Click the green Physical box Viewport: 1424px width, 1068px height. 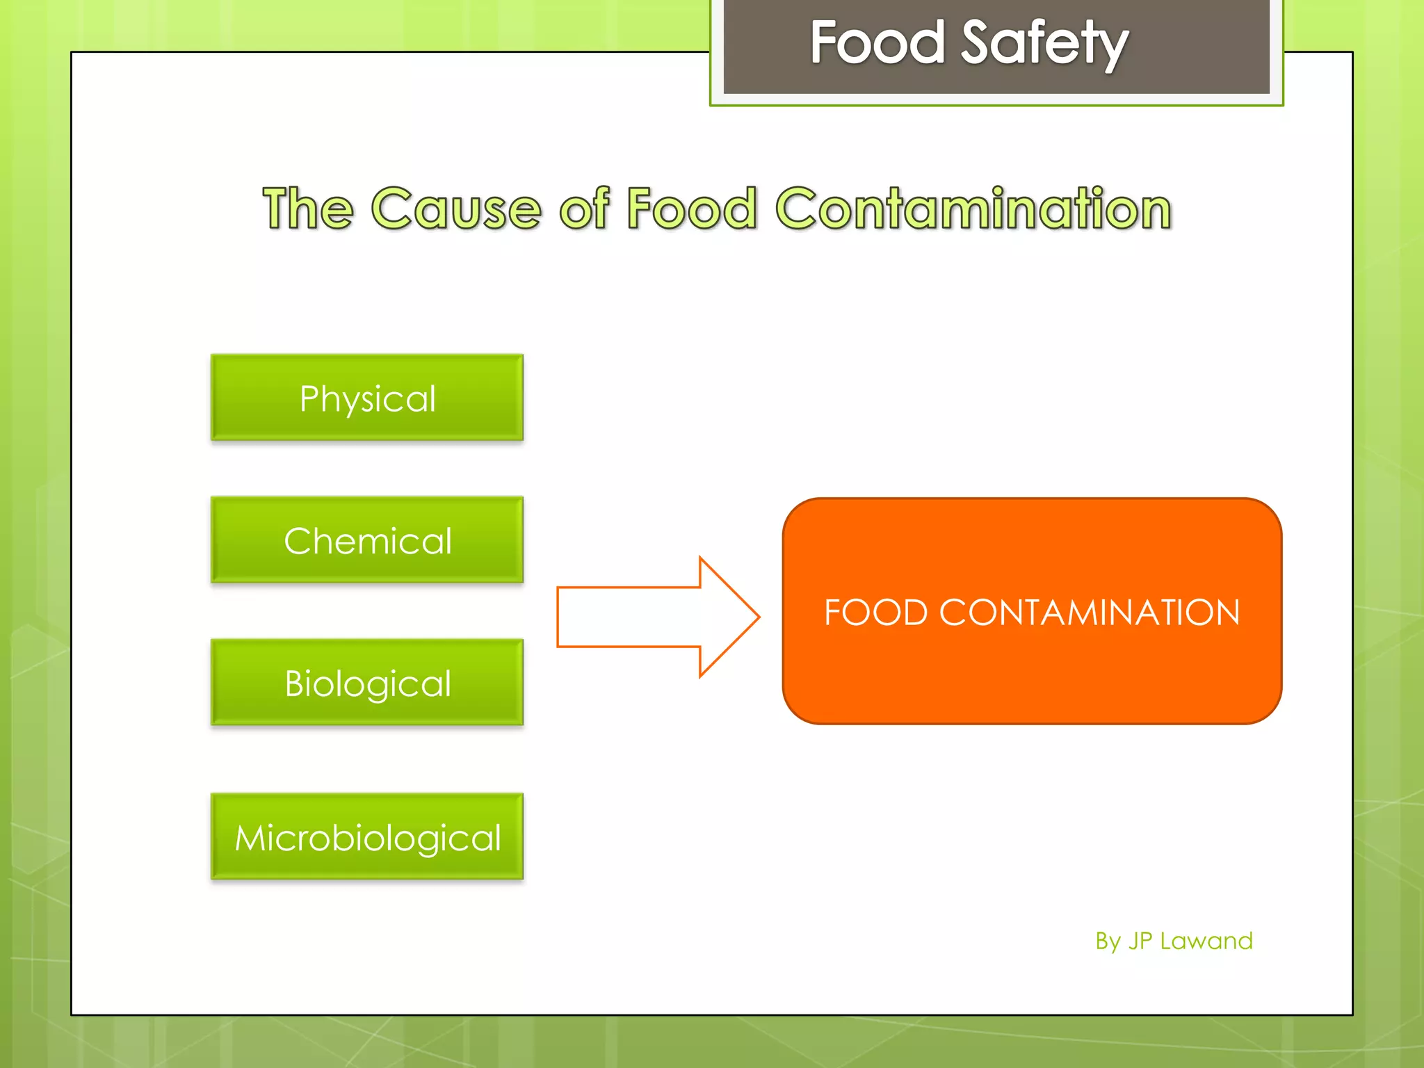pyautogui.click(x=367, y=397)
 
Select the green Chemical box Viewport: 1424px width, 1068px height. pyautogui.click(x=367, y=540)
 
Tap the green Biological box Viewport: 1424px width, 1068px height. pyautogui.click(x=367, y=682)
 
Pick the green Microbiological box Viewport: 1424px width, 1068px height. pyautogui.click(x=367, y=836)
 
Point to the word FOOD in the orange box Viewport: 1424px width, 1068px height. pyautogui.click(x=876, y=613)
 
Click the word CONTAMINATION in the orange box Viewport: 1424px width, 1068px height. pyautogui.click(x=1090, y=613)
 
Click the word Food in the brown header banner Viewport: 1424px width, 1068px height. pyautogui.click(x=877, y=43)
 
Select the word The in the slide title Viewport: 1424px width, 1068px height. pyautogui.click(x=307, y=209)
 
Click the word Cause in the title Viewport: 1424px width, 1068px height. pyautogui.click(x=456, y=209)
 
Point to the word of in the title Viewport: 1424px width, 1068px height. pyautogui.click(x=584, y=209)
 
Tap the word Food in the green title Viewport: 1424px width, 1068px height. pyautogui.click(x=691, y=209)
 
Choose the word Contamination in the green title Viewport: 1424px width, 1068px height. pyautogui.click(x=973, y=209)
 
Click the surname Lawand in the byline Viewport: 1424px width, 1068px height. pyautogui.click(x=1206, y=941)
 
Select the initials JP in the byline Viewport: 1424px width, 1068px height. pyautogui.click(x=1140, y=941)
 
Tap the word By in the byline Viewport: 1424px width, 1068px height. pyautogui.click(x=1108, y=941)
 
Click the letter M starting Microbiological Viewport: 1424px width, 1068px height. pyautogui.click(x=250, y=837)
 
